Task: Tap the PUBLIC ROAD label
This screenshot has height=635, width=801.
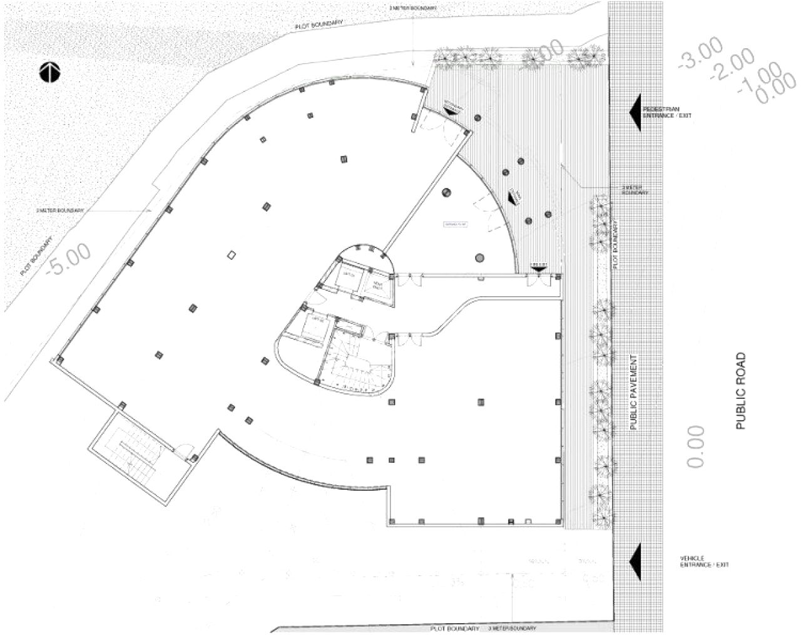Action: pos(741,391)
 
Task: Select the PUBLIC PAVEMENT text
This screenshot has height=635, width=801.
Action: pos(633,392)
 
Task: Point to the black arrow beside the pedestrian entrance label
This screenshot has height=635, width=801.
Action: pos(636,112)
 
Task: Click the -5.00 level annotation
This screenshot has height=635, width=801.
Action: pos(69,258)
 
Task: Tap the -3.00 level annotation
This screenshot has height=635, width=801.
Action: pos(701,53)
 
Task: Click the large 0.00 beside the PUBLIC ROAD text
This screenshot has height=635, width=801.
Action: pos(696,447)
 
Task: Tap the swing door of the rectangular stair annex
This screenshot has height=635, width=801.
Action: pos(182,449)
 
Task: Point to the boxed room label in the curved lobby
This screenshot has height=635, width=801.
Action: pos(456,224)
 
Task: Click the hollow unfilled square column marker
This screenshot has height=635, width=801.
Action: pos(232,255)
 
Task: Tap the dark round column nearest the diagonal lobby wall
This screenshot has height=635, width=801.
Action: pos(447,192)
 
